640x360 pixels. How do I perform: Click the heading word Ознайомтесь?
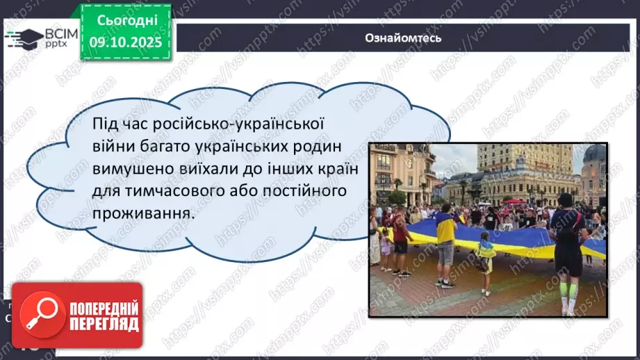tap(403, 38)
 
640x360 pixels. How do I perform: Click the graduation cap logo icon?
tap(23, 38)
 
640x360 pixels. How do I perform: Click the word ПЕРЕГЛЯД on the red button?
tap(103, 324)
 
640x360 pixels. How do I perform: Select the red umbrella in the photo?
tap(515, 201)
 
